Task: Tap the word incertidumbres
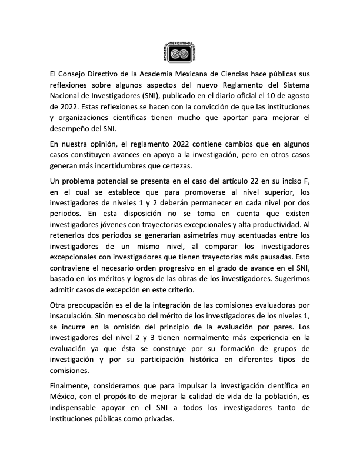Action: (132, 167)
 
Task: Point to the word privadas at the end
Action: (159, 420)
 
